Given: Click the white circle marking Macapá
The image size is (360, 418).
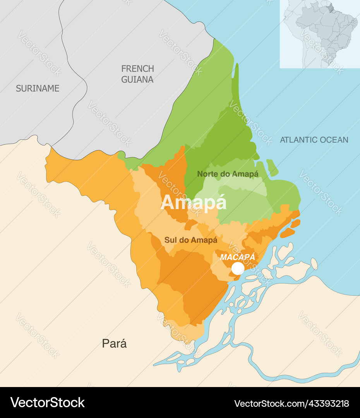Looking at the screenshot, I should (238, 268).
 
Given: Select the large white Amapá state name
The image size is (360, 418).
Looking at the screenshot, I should (193, 202).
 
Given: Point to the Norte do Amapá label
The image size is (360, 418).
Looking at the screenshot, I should (228, 174).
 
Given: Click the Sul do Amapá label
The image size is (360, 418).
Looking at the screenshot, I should (190, 240).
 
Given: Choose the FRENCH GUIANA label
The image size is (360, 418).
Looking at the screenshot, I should (137, 74).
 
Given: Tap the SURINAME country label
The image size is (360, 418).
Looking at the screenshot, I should (38, 88).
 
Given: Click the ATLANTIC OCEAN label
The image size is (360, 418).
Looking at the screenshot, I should (314, 140).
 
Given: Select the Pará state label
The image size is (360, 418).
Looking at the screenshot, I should (114, 343).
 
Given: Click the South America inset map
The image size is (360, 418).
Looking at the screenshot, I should (320, 34).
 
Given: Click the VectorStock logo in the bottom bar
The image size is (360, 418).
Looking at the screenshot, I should (47, 403).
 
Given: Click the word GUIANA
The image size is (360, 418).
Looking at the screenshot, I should (137, 79).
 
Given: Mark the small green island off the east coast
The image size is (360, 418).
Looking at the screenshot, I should (272, 168).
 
